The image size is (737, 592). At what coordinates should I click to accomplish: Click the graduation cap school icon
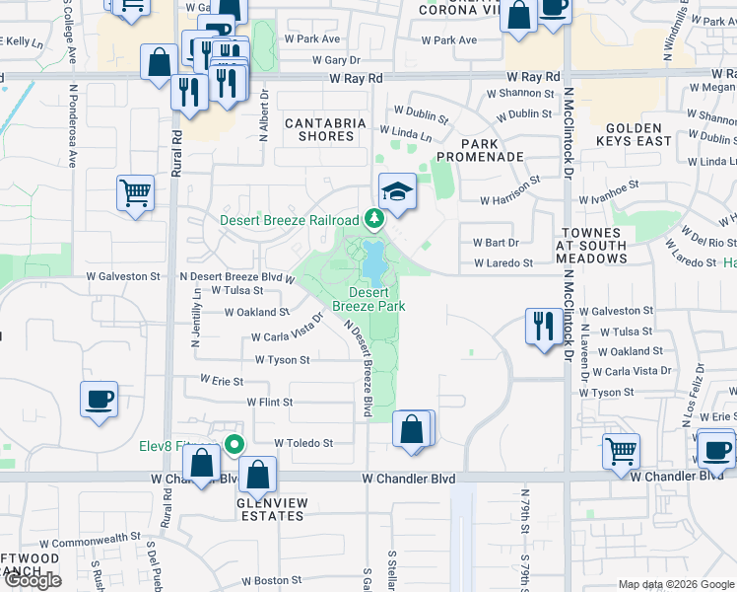(396, 191)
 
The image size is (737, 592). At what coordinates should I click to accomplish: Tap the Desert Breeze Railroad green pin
(373, 218)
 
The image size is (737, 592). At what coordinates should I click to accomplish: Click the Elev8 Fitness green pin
(234, 445)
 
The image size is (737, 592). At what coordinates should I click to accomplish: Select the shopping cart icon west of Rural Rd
(135, 192)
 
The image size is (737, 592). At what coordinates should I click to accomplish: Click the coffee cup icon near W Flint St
(99, 400)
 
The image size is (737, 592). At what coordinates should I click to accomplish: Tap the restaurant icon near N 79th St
(543, 327)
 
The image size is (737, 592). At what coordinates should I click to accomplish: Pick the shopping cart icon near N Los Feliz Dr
(621, 451)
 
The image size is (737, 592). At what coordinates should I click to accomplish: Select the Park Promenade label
(480, 149)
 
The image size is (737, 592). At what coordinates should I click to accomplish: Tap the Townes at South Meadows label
(591, 246)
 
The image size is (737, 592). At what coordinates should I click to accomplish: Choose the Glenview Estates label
(271, 508)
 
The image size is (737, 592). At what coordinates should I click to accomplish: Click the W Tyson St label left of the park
(282, 360)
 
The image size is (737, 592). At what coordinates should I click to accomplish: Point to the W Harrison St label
(510, 192)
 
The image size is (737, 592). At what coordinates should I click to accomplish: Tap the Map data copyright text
(676, 584)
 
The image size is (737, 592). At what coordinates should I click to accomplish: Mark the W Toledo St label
(303, 443)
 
